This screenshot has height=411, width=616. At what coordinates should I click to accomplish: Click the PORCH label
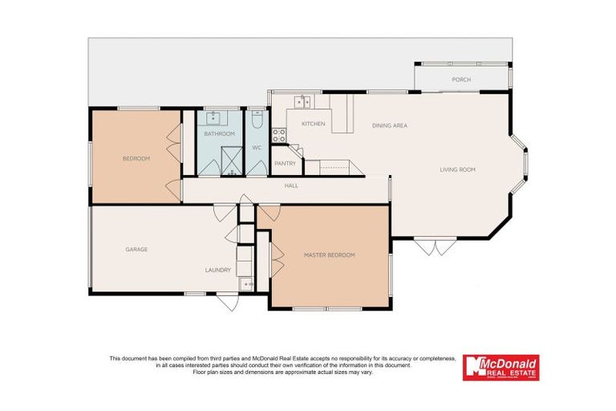(460, 79)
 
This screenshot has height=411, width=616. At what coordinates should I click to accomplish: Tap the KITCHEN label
(312, 124)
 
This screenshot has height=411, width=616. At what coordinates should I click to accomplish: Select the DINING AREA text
(390, 126)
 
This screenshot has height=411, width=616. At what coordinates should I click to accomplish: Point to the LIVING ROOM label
(458, 169)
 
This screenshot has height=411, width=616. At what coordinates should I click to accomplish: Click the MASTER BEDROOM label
(329, 254)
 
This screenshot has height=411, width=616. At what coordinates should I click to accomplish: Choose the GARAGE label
(136, 249)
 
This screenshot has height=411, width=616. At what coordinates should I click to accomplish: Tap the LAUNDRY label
(218, 270)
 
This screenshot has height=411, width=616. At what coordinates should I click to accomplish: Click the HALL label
(291, 185)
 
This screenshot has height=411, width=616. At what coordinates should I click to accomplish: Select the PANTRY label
(285, 164)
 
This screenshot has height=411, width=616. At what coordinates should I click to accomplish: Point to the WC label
(257, 148)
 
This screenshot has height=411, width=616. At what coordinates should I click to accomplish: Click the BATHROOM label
(218, 134)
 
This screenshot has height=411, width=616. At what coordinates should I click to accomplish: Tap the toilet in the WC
(257, 120)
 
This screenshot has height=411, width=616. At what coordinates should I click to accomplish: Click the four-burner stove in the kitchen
(279, 136)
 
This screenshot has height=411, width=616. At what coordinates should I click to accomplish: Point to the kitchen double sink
(304, 101)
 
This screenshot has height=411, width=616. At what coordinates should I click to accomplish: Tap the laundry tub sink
(245, 284)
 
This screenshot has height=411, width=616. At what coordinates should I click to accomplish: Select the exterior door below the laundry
(227, 303)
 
